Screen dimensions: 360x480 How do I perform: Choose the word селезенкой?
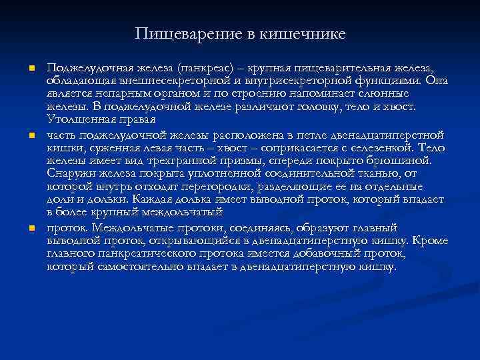(369, 147)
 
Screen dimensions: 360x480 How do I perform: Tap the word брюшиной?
(402, 161)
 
